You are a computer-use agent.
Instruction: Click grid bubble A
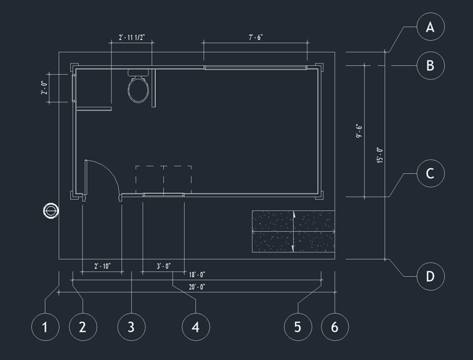tap(431, 27)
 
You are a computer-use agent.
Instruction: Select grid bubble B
tap(431, 65)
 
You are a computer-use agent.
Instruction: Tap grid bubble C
tap(431, 173)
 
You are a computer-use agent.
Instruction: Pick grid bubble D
tap(431, 276)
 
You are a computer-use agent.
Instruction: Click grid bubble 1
tap(45, 326)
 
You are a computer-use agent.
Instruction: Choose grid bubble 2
tap(83, 326)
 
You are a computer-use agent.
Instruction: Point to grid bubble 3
tap(131, 326)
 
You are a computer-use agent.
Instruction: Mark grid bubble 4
tap(196, 326)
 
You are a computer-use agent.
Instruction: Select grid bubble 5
tap(298, 326)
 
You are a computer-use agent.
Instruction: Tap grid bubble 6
tap(334, 326)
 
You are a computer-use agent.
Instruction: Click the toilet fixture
tap(139, 88)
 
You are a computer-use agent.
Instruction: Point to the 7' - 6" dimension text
tap(256, 38)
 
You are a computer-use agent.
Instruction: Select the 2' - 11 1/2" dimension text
tap(132, 38)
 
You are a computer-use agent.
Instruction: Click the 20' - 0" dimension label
tap(197, 287)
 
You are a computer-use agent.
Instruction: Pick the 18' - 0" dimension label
tap(197, 275)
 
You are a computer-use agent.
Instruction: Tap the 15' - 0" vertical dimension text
tap(380, 155)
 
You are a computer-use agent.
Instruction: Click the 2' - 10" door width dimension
tap(102, 266)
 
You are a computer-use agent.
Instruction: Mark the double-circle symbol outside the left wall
tap(51, 211)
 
